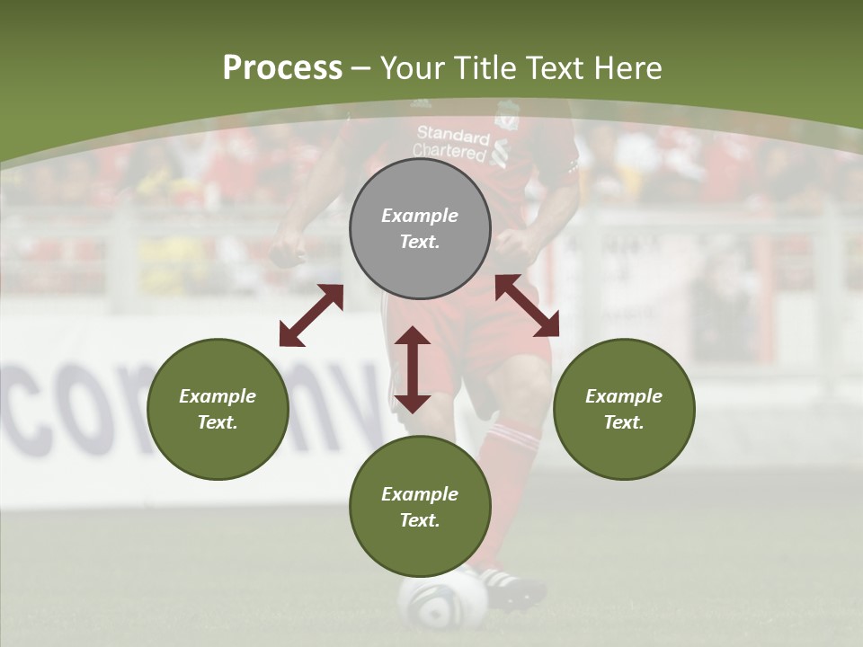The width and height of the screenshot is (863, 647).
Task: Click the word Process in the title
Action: pos(282,68)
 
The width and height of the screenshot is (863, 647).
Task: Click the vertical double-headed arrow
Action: pos(413,369)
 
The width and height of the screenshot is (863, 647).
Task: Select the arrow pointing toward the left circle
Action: pos(311,315)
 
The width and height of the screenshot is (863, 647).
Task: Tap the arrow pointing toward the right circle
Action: pos(527,306)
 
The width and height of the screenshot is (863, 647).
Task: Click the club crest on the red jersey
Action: pos(506,117)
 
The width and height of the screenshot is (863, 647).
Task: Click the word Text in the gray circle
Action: pos(420,242)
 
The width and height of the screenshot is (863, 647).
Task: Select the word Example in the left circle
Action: pos(218,396)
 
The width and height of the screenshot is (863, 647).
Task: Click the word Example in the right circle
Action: pos(624,396)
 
